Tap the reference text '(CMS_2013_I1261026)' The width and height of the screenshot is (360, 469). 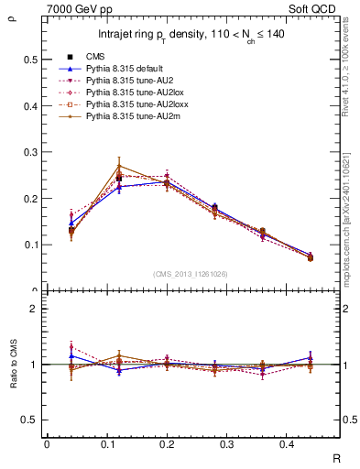(x=191, y=274)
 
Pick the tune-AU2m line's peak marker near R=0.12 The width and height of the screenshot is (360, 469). (x=119, y=166)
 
